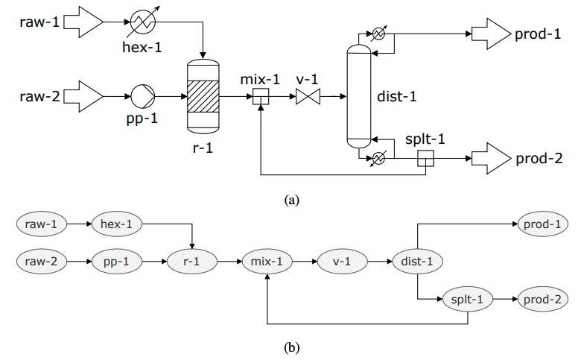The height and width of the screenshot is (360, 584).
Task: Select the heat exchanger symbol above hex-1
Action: point(143,22)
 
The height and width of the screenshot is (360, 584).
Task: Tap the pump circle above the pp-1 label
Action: point(143,97)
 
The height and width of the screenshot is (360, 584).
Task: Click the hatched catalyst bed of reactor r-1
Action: point(203,97)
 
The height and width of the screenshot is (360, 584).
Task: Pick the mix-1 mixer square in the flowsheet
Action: point(261,97)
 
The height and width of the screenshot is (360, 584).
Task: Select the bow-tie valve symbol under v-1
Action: point(308,97)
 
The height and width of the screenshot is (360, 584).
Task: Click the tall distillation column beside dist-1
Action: point(359,97)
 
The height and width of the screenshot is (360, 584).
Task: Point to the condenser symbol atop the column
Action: point(378,34)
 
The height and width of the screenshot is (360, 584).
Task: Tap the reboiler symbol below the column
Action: point(378,158)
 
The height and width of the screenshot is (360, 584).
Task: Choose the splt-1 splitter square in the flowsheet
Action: point(425,158)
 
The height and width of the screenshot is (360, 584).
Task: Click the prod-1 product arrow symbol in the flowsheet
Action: point(492,34)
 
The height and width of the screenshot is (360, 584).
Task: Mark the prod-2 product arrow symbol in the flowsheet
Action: point(492,158)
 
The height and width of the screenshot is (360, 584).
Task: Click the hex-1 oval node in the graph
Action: point(116,224)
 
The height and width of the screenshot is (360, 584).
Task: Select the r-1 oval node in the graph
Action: point(192,261)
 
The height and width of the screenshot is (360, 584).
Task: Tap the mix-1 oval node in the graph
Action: point(267,261)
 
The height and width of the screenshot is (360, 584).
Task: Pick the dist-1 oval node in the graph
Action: point(417,261)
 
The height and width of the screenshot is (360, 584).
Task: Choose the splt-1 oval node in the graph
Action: point(468,300)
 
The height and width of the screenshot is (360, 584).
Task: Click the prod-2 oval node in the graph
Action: point(542,300)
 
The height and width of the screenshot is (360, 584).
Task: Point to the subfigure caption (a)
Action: point(292,200)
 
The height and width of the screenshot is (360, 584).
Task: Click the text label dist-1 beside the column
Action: point(397,97)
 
